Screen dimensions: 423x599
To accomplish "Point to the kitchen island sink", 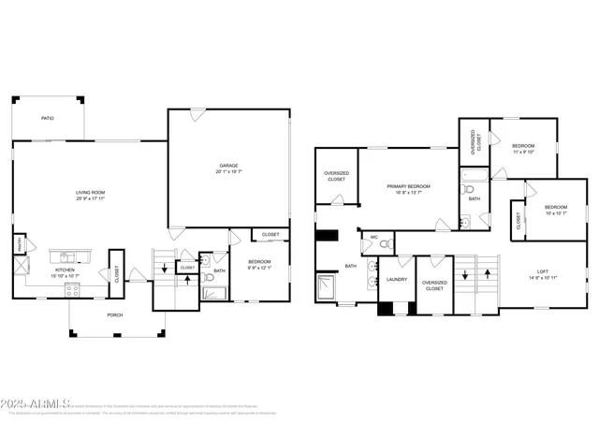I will pyautogui.click(x=66, y=256).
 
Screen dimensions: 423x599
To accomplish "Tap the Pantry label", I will pyautogui.click(x=18, y=245).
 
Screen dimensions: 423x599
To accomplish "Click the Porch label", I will pyautogui.click(x=116, y=314).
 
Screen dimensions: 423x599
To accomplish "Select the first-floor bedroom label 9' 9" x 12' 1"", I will pyautogui.click(x=259, y=264).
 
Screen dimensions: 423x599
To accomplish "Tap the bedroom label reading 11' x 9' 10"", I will pyautogui.click(x=523, y=150).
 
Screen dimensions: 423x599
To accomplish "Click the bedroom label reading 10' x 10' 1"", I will pyautogui.click(x=556, y=210).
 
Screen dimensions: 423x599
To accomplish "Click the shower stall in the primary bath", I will pyautogui.click(x=327, y=288).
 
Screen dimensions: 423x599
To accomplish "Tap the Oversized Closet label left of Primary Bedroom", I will pyautogui.click(x=336, y=176).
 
